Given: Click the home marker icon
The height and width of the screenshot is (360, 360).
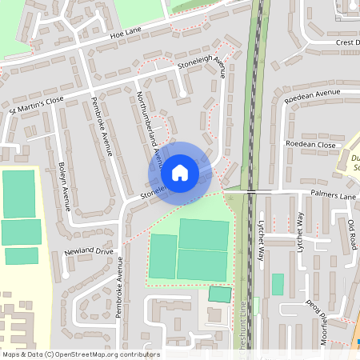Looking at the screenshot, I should click(180, 173).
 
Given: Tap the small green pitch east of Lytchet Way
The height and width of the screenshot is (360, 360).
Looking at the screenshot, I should click(278, 284).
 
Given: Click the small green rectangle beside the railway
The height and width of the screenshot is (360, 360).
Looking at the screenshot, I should click(218, 294).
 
